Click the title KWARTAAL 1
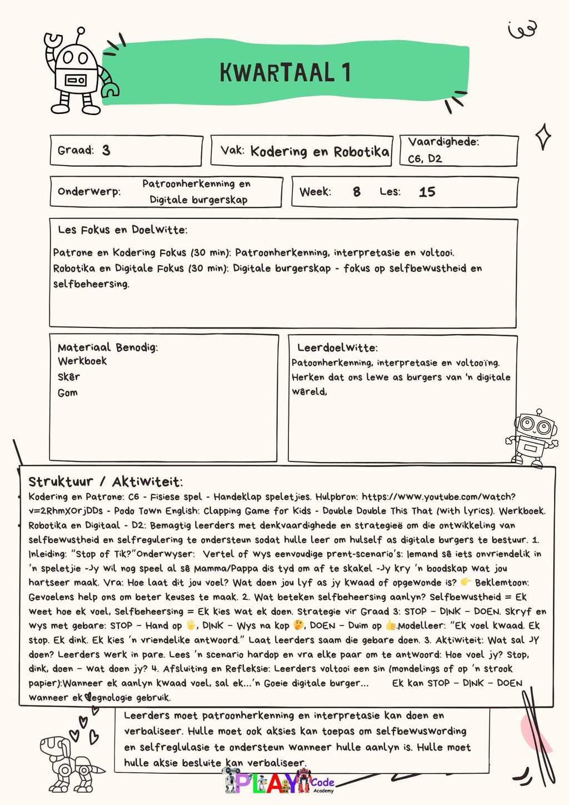[x=285, y=73]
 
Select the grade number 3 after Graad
[x=106, y=150]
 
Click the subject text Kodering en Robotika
[x=320, y=151]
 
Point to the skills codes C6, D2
[x=425, y=158]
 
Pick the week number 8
[x=356, y=192]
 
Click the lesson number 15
[x=427, y=192]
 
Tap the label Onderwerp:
[x=89, y=192]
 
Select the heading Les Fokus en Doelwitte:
[x=122, y=230]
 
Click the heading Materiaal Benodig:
[x=108, y=347]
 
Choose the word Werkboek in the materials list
[x=82, y=361]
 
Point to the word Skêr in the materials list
[x=69, y=377]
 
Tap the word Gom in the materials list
[x=67, y=393]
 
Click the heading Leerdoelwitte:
[x=337, y=348]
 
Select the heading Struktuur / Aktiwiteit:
[x=106, y=482]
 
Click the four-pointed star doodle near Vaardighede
[x=543, y=136]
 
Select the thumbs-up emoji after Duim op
[x=391, y=625]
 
